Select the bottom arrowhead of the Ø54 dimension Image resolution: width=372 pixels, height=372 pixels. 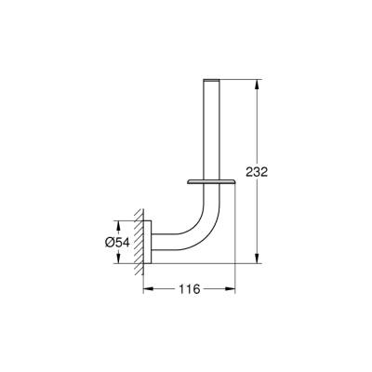117,260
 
